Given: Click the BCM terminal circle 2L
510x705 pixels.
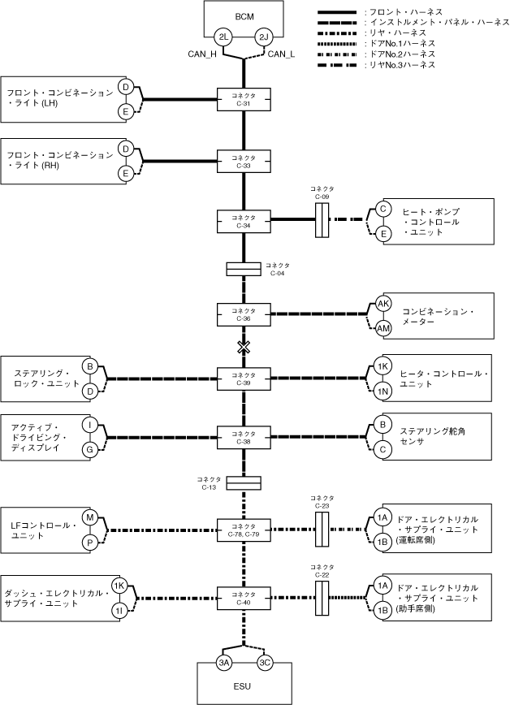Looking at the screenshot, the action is [x=223, y=37].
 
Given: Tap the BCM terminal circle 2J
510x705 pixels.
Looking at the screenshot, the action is [x=264, y=37].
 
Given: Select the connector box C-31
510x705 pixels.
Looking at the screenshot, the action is [x=244, y=99].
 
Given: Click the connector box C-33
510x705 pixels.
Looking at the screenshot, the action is [x=244, y=162].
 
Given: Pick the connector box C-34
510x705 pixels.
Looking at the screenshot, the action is [x=244, y=221].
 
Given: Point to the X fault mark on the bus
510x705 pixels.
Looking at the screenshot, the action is [x=244, y=347].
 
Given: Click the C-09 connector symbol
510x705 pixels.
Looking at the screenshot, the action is [x=322, y=220].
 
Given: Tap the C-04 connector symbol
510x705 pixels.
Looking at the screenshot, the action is [x=244, y=269].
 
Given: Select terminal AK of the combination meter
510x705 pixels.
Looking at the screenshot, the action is [x=383, y=304].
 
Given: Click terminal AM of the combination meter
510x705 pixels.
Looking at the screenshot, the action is [x=383, y=328].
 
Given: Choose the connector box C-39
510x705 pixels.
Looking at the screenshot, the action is [x=244, y=378].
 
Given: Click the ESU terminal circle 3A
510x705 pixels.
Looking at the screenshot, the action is [x=224, y=663].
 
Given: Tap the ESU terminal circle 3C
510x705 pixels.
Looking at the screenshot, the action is [x=265, y=663].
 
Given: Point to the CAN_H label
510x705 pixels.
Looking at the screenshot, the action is [x=202, y=54].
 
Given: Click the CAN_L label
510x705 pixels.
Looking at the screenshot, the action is [x=282, y=54].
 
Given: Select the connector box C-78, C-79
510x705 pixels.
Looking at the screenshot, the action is [x=244, y=530].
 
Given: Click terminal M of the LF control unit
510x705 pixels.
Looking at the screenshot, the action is [x=90, y=517].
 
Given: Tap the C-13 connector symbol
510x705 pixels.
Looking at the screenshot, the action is [x=244, y=483].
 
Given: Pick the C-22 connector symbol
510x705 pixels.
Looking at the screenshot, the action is [x=322, y=598].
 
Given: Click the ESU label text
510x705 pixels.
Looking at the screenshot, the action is [x=242, y=686].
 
